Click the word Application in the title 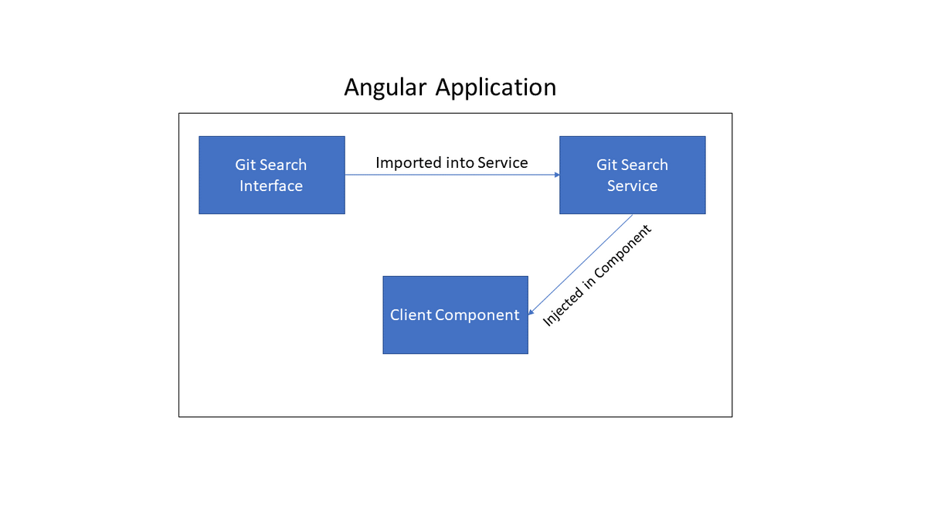[x=496, y=88]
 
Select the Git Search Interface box [x=272, y=176]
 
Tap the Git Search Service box [x=633, y=176]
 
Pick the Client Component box [x=455, y=315]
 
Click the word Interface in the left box [x=271, y=186]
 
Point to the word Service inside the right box [x=633, y=186]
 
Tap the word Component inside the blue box [x=477, y=316]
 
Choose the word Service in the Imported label [x=503, y=163]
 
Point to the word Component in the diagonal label [x=623, y=251]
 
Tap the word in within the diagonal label [x=589, y=281]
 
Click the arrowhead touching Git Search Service [x=557, y=175]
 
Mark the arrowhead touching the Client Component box [x=531, y=312]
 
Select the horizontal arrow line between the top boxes [x=453, y=175]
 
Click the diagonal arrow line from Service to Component [x=580, y=264]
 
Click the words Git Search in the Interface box [x=271, y=165]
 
